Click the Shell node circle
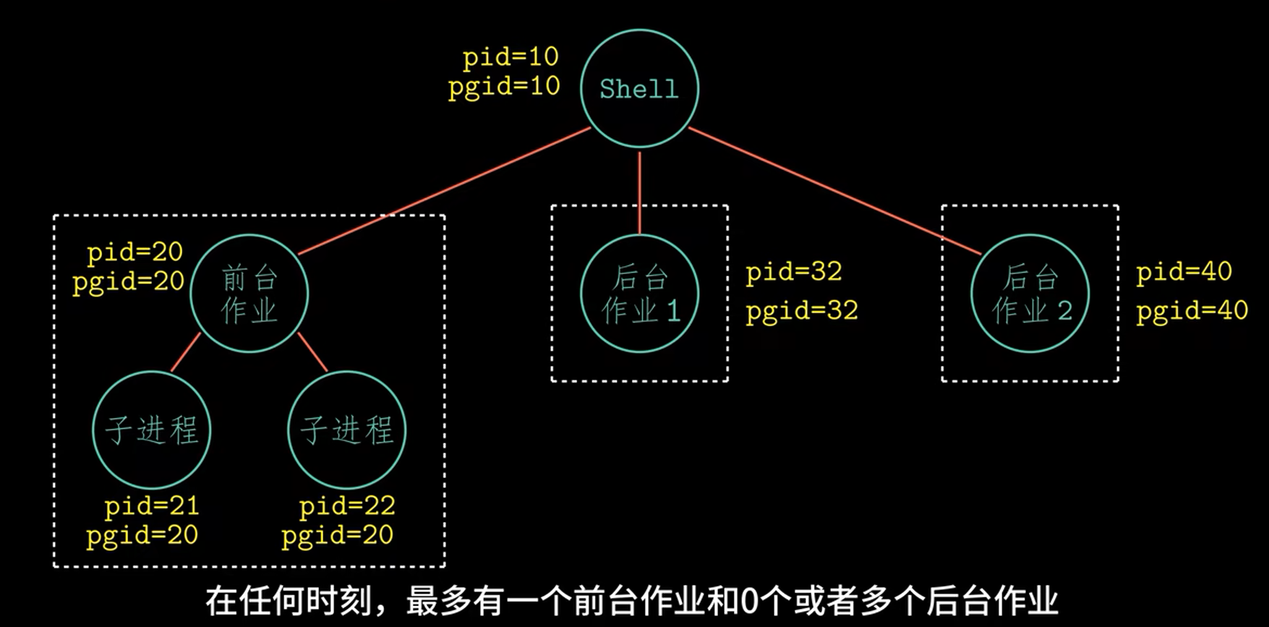pos(639,88)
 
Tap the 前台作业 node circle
pos(249,294)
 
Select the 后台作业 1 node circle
pos(640,294)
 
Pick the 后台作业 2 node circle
pos(1030,294)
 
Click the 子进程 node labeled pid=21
pos(152,430)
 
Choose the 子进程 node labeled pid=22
pos(347,430)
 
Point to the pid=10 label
pos(510,57)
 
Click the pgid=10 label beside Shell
pos(504,87)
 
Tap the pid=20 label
pos(134,252)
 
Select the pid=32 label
pos(794,272)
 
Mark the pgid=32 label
pos(802,311)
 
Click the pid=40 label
pos(1184,272)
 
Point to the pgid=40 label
pos(1192,311)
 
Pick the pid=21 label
pos(152,506)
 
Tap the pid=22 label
pos(347,506)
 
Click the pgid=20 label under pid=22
pos(338,536)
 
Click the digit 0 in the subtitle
pos(748,601)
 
